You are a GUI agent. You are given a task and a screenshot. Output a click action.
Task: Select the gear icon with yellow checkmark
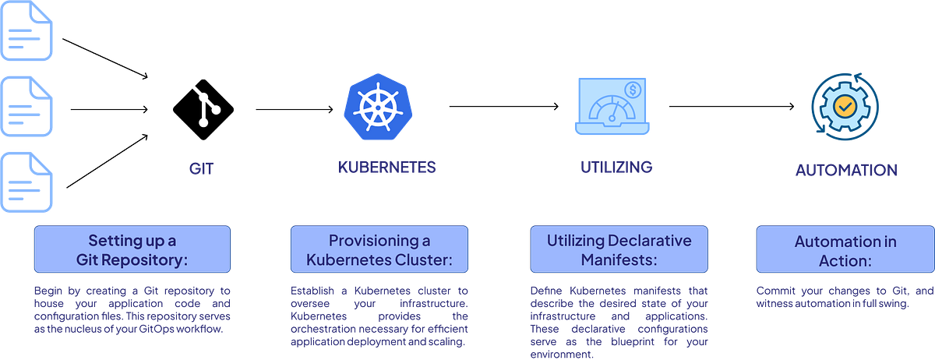(844, 106)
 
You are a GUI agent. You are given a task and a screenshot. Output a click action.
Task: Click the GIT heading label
(201, 169)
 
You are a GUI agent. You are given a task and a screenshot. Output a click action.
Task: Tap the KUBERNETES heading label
(387, 168)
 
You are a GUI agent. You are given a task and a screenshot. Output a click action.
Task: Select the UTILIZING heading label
(616, 167)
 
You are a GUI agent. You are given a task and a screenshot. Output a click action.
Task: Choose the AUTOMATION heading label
(845, 170)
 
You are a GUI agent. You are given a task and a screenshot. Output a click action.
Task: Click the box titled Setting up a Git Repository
(132, 249)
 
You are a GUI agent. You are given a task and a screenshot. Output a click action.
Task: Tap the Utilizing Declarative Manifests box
(619, 249)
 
